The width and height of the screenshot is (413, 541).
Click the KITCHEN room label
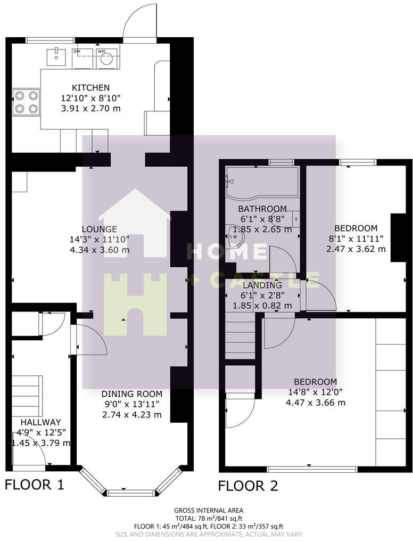click(91, 88)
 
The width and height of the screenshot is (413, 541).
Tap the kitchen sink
click(55, 55)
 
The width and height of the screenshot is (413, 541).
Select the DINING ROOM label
click(131, 394)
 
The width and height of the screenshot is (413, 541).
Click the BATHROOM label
click(262, 209)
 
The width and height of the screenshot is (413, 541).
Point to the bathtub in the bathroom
click(261, 182)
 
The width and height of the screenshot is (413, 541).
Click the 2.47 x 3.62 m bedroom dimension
click(356, 249)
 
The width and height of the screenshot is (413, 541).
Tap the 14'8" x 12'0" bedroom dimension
click(315, 392)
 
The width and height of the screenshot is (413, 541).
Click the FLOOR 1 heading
click(35, 485)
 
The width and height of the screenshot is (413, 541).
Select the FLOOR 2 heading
click(248, 486)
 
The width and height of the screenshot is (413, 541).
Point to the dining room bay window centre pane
click(131, 491)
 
